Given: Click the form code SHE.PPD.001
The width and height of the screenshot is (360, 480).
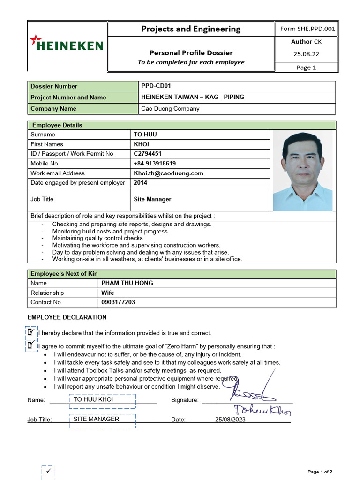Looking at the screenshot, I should tap(307, 29).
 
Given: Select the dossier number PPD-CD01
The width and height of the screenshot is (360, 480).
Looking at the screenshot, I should tap(157, 86).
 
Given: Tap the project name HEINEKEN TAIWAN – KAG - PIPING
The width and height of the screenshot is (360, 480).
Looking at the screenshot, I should tap(193, 97).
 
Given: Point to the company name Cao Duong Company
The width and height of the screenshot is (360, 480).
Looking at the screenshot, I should tap(170, 109).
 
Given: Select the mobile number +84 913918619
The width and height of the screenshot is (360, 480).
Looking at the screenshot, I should tap(155, 164).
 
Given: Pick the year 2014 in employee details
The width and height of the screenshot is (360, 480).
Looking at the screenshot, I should tap(141, 183).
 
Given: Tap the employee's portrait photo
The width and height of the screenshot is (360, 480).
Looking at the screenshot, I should tap(302, 171).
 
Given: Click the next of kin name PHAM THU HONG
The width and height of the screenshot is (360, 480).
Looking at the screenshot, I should tap(127, 283).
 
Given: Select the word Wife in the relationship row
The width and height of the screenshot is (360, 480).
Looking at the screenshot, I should tap(108, 293).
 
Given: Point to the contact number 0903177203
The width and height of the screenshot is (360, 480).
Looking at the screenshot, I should tap(118, 302).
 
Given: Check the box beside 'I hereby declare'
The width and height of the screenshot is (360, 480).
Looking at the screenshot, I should tap(31, 332).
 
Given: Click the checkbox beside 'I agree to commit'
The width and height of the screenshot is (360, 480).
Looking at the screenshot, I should tap(31, 345).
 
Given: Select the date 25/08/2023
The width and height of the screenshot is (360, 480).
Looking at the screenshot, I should tap(231, 420).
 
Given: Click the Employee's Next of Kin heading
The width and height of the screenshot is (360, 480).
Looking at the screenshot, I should tap(64, 274).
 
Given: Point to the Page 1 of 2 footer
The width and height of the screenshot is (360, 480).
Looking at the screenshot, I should tap(320, 472).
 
